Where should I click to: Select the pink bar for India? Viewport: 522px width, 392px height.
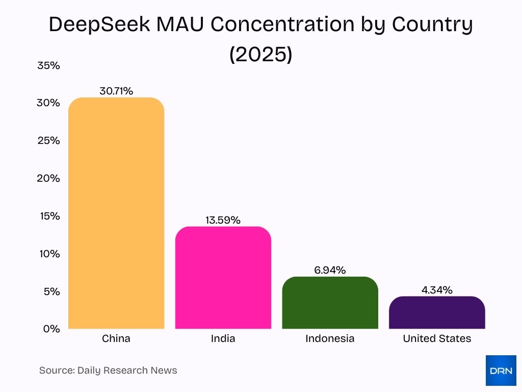coord(223,278)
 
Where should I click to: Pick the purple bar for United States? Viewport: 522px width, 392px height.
coord(437,312)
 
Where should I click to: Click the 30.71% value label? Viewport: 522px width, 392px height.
coord(116,91)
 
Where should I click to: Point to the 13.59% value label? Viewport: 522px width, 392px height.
coord(223,220)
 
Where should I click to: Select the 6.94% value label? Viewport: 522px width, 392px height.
coord(330,271)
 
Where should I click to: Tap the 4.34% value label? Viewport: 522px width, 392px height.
coord(437,290)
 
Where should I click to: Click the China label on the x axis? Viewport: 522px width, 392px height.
coord(116,338)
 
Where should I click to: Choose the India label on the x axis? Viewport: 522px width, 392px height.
coord(223,338)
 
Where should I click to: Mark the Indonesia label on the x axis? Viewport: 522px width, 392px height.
coord(330,338)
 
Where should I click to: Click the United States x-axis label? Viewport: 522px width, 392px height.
coord(437,338)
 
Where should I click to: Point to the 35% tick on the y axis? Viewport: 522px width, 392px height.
coord(48,65)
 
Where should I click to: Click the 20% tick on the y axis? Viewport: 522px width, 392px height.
coord(48,178)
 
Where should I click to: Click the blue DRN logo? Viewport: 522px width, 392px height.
coord(501,371)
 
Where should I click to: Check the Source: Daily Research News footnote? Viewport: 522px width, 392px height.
coord(108,371)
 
